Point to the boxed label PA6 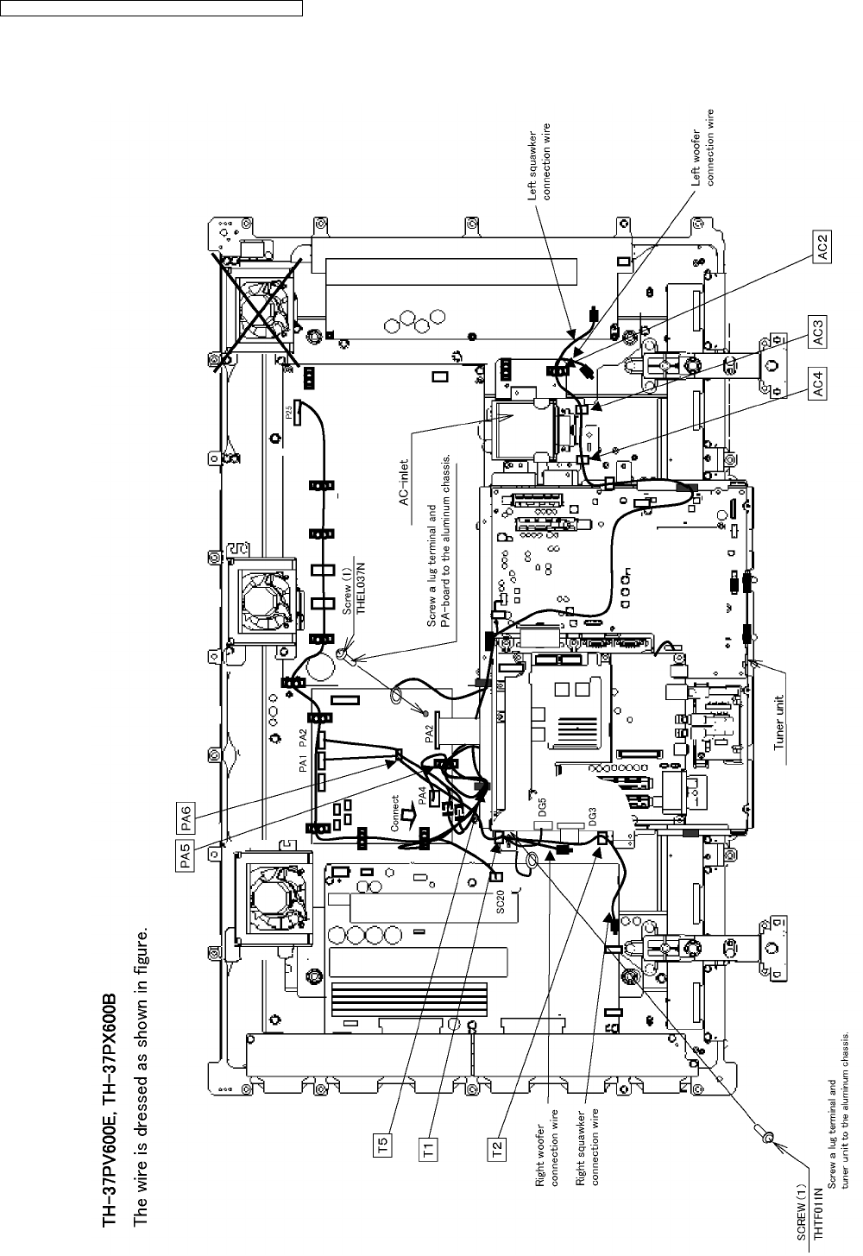pyautogui.click(x=186, y=812)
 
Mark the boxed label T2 pyautogui.click(x=498, y=1149)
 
